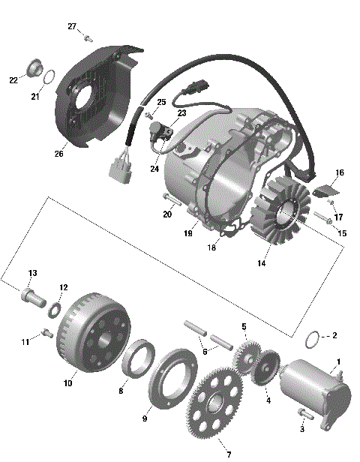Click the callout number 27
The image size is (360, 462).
(72, 27)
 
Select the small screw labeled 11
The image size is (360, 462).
(46, 334)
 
